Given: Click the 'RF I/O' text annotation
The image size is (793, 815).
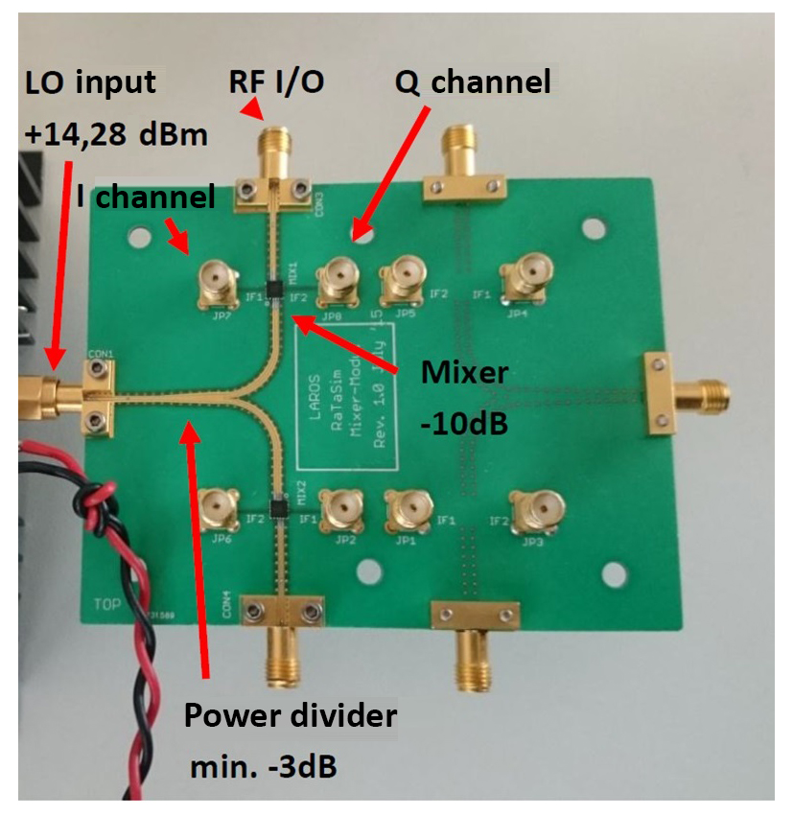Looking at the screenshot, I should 276,82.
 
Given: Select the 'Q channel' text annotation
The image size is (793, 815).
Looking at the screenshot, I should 473,82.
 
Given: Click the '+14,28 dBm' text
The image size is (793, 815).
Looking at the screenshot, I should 115,134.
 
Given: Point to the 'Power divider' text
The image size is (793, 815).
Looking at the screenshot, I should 290,716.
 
